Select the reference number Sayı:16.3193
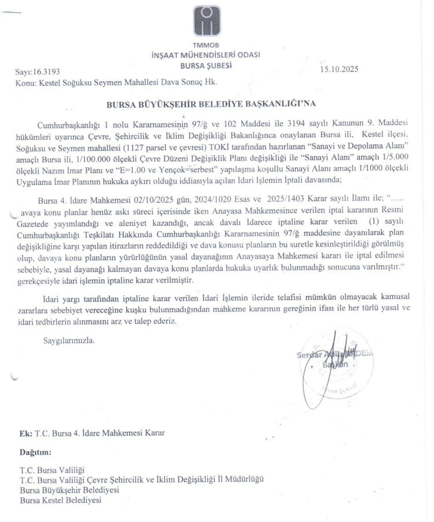tap(37, 72)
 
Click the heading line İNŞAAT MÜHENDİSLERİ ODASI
tap(205, 56)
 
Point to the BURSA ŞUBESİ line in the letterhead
tap(207, 65)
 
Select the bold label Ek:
tap(25, 433)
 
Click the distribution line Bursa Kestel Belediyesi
tap(61, 499)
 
